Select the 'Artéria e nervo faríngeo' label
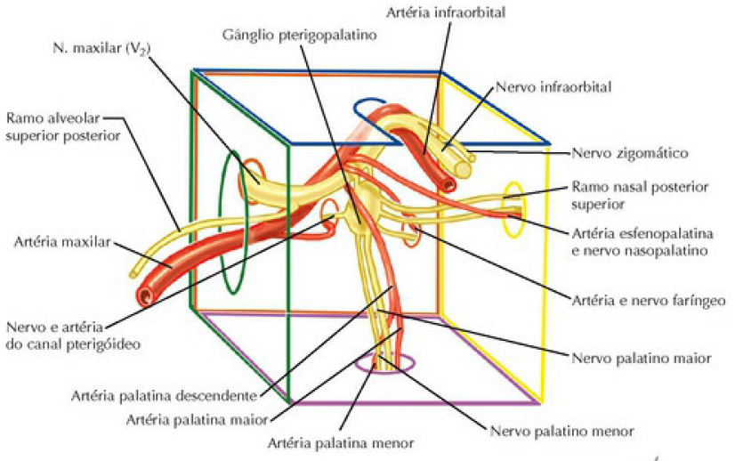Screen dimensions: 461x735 pyautogui.click(x=639, y=301)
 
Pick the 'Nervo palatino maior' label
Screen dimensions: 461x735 pyautogui.click(x=639, y=359)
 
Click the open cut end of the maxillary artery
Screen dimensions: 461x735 pyautogui.click(x=148, y=295)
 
